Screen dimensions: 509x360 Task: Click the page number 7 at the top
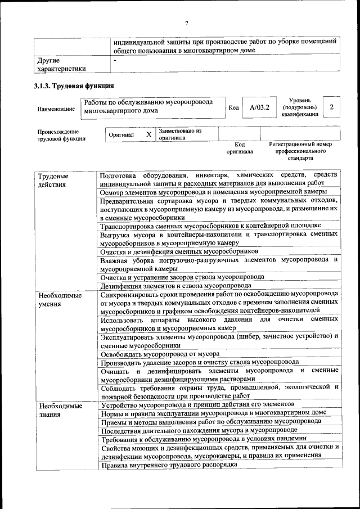click(186, 23)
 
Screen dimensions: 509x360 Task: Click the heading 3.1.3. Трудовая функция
click(74, 86)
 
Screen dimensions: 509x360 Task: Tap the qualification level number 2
click(332, 107)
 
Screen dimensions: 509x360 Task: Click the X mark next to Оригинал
click(148, 135)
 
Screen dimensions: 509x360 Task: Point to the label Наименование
click(56, 109)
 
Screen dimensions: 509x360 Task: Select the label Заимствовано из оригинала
click(180, 134)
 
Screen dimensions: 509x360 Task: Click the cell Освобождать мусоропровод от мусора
click(160, 354)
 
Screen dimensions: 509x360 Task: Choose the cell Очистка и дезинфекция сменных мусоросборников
click(179, 251)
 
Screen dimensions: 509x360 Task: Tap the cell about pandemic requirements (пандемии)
click(204, 438)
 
